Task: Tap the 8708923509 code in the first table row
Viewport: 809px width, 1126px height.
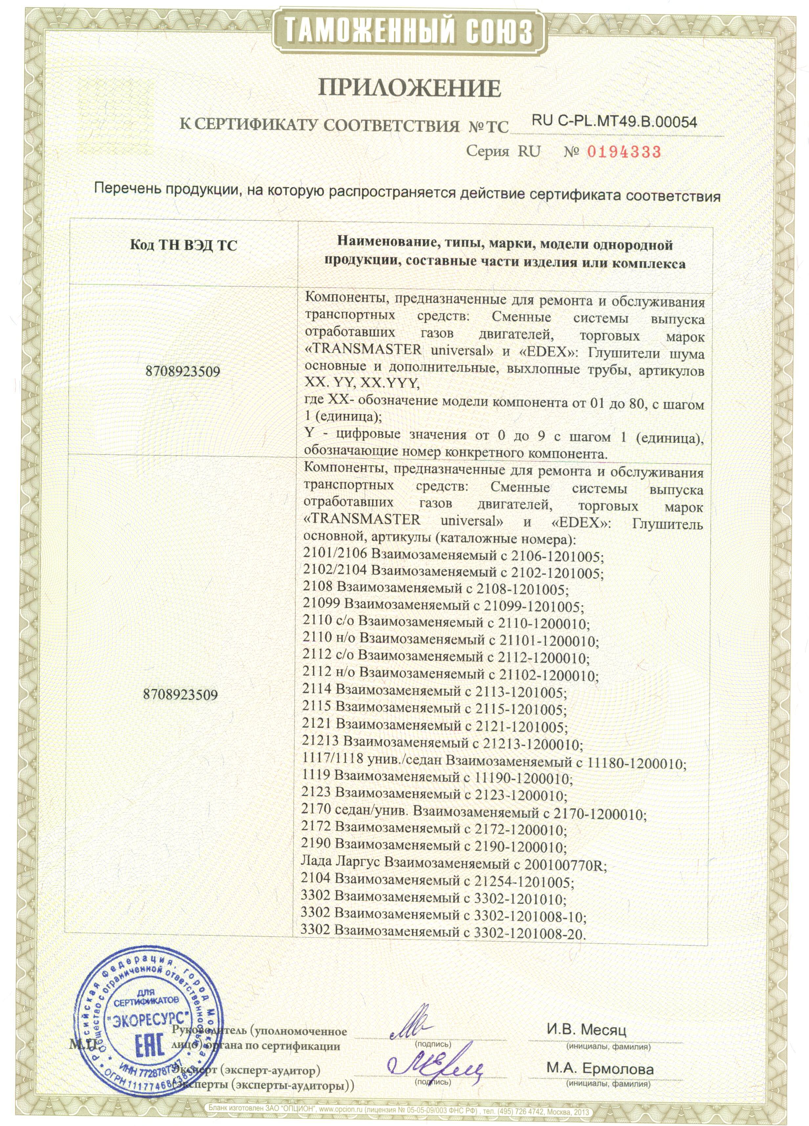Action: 183,372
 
